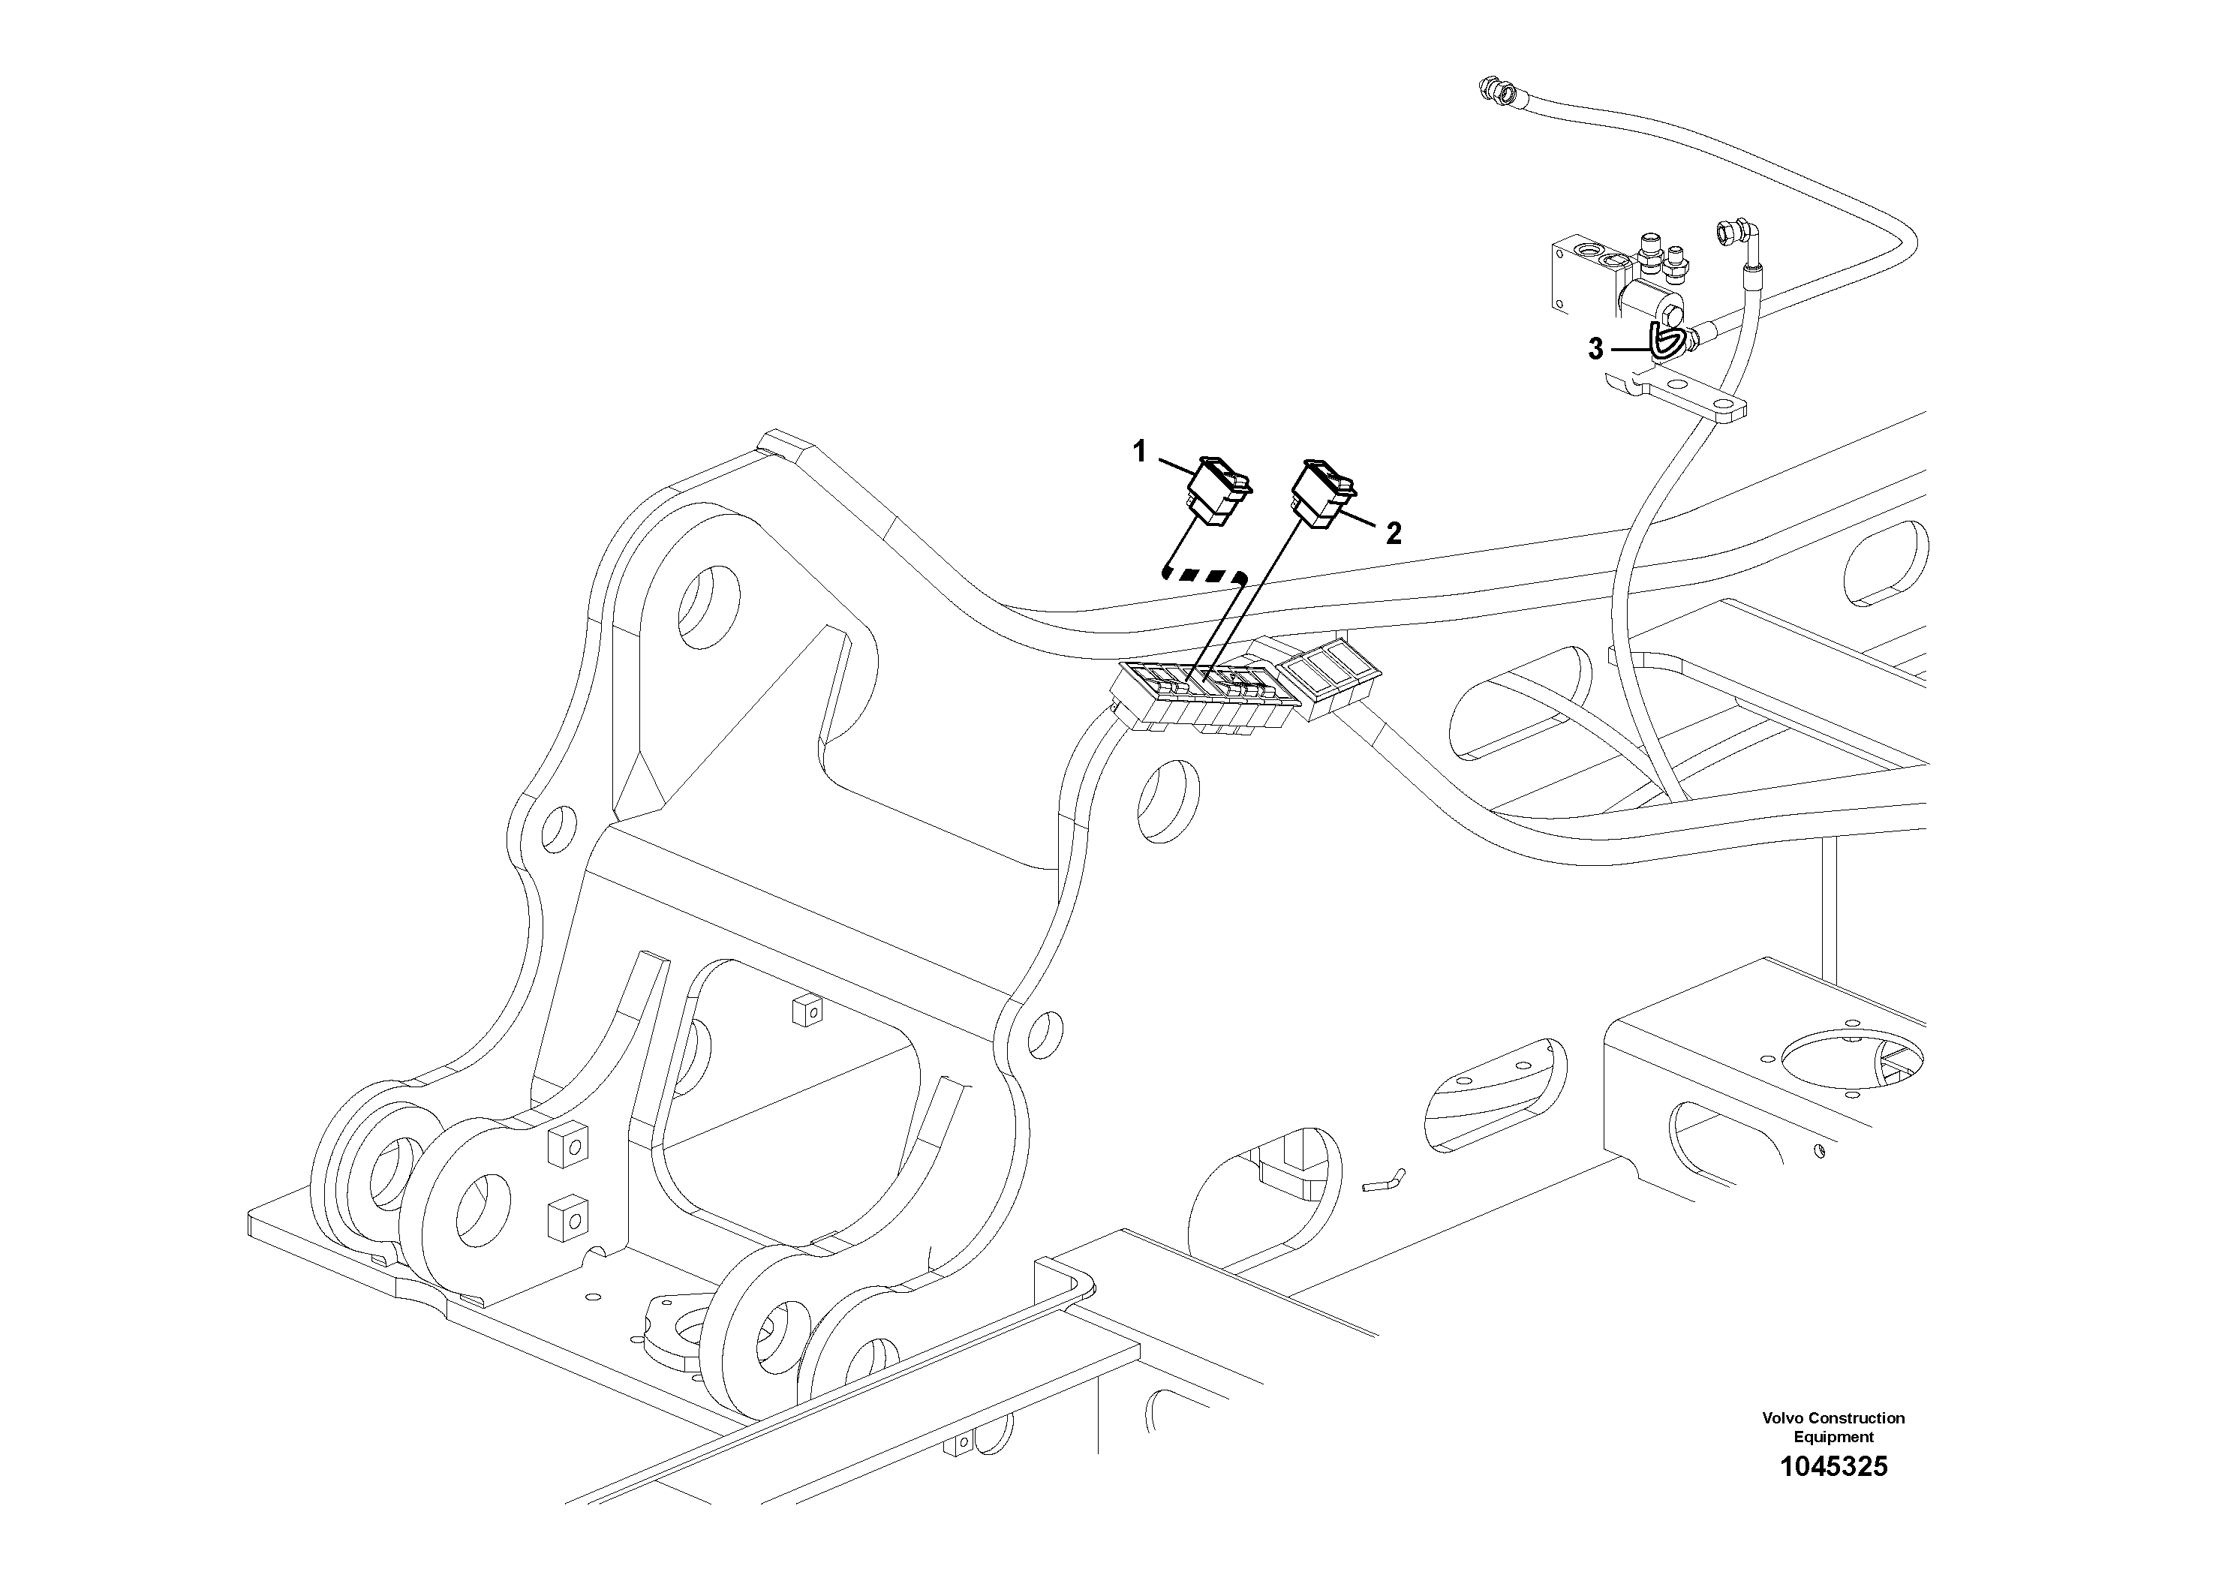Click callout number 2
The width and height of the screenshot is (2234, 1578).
click(1394, 534)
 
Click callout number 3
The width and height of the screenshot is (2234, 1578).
click(1595, 349)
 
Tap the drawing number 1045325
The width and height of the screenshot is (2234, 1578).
click(1833, 1494)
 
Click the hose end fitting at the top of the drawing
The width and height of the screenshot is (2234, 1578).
click(1496, 91)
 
